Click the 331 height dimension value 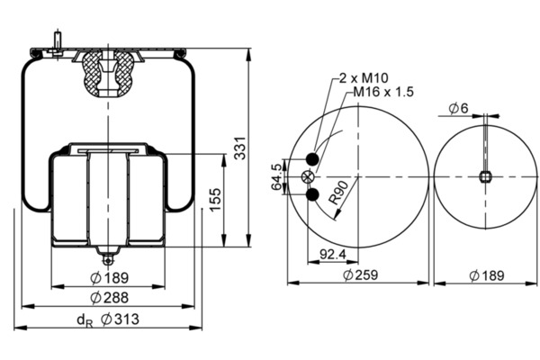tap(240, 148)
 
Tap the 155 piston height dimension tap(215, 200)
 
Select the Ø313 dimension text tap(121, 319)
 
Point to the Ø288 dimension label tap(109, 298)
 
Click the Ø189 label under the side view tap(109, 278)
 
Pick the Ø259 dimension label tap(361, 274)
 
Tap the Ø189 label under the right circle tap(487, 275)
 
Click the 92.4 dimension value tap(333, 255)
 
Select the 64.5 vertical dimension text tap(276, 176)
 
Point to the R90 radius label tap(338, 193)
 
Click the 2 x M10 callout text tap(364, 78)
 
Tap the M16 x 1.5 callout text tap(383, 92)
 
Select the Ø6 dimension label tap(459, 109)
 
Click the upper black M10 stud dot tap(312, 158)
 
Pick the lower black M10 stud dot tap(312, 195)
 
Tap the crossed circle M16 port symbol tap(308, 177)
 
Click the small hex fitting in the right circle tap(485, 177)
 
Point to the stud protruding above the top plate tap(58, 40)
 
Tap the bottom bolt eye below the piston tap(109, 260)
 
